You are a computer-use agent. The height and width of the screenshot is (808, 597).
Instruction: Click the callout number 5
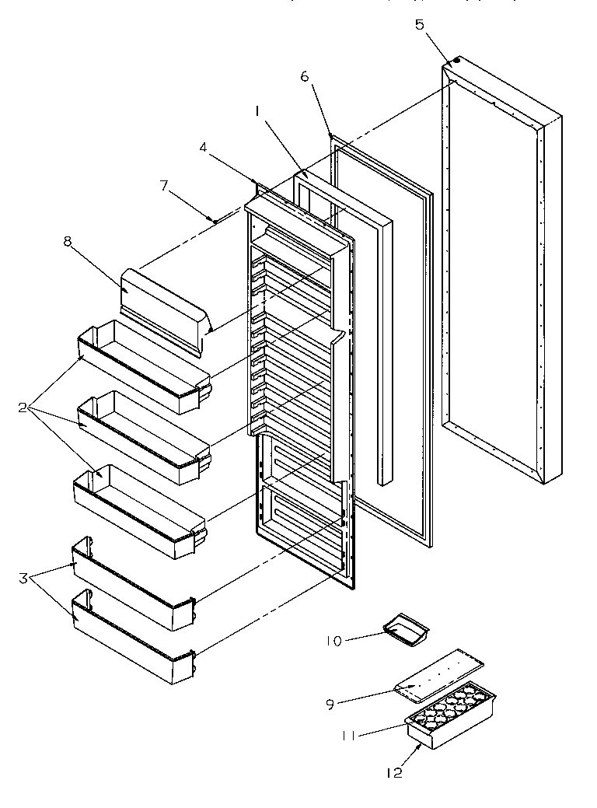click(x=420, y=25)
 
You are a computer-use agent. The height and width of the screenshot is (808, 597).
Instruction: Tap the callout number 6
click(x=304, y=76)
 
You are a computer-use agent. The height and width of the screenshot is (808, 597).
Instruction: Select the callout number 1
click(x=257, y=112)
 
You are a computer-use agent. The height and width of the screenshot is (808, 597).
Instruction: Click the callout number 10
click(x=333, y=641)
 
